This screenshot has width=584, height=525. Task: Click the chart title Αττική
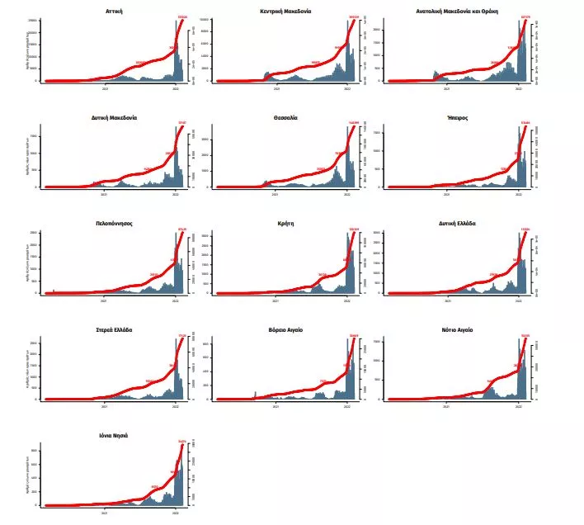[115, 12]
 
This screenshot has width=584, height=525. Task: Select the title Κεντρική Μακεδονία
[286, 12]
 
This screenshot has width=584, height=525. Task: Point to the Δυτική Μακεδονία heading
[115, 118]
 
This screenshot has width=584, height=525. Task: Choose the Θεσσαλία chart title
[286, 118]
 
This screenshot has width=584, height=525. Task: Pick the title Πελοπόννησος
[115, 224]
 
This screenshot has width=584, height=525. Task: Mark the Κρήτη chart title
[286, 224]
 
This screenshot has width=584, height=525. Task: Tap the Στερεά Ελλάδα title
[115, 329]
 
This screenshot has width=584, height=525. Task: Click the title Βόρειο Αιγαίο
[286, 329]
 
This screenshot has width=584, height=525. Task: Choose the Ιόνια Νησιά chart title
[115, 435]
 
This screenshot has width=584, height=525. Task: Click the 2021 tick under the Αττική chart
[105, 89]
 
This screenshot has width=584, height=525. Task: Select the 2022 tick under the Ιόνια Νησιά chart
[176, 513]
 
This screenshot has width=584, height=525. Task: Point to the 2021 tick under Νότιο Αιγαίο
[446, 407]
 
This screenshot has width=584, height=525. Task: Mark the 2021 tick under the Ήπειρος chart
[446, 196]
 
